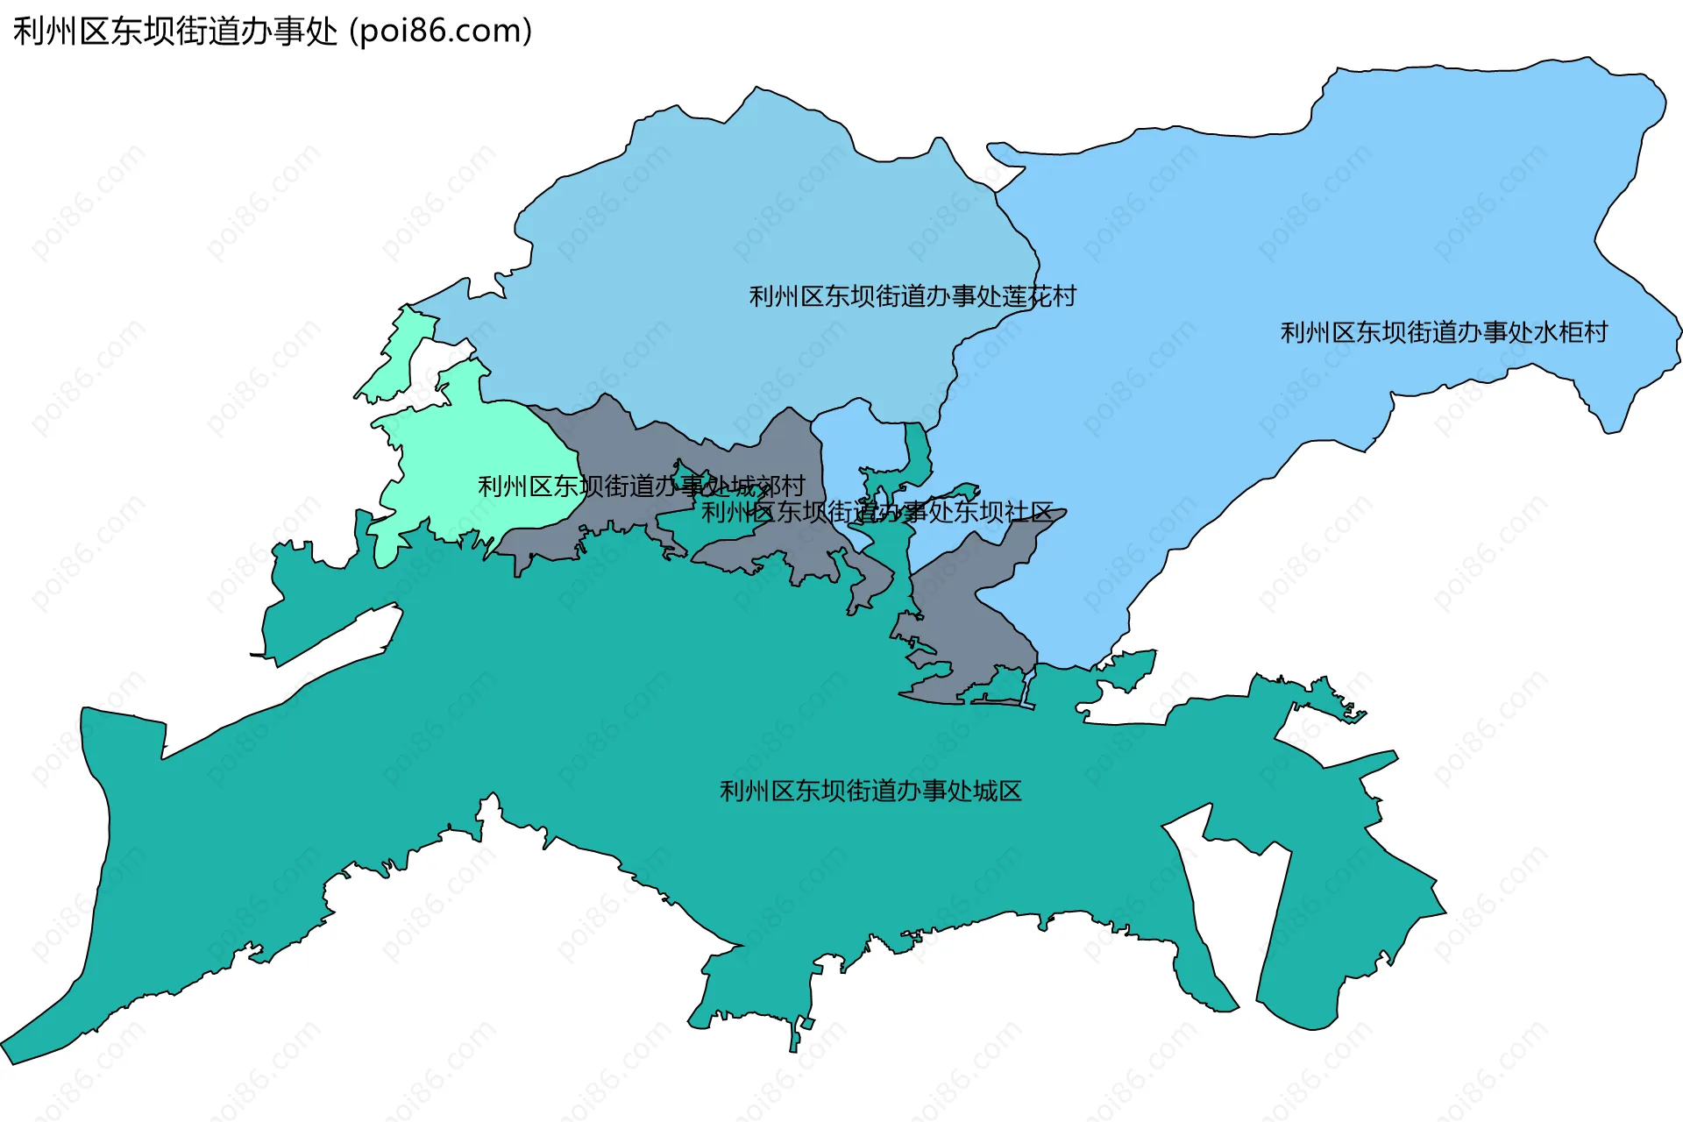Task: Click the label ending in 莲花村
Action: tap(912, 296)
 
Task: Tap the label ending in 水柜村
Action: tap(1444, 332)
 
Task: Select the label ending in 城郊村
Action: tap(641, 486)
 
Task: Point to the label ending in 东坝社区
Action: tap(877, 512)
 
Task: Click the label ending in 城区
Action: tap(870, 791)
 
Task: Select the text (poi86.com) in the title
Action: tap(441, 32)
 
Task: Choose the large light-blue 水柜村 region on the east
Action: tap(1315, 245)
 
